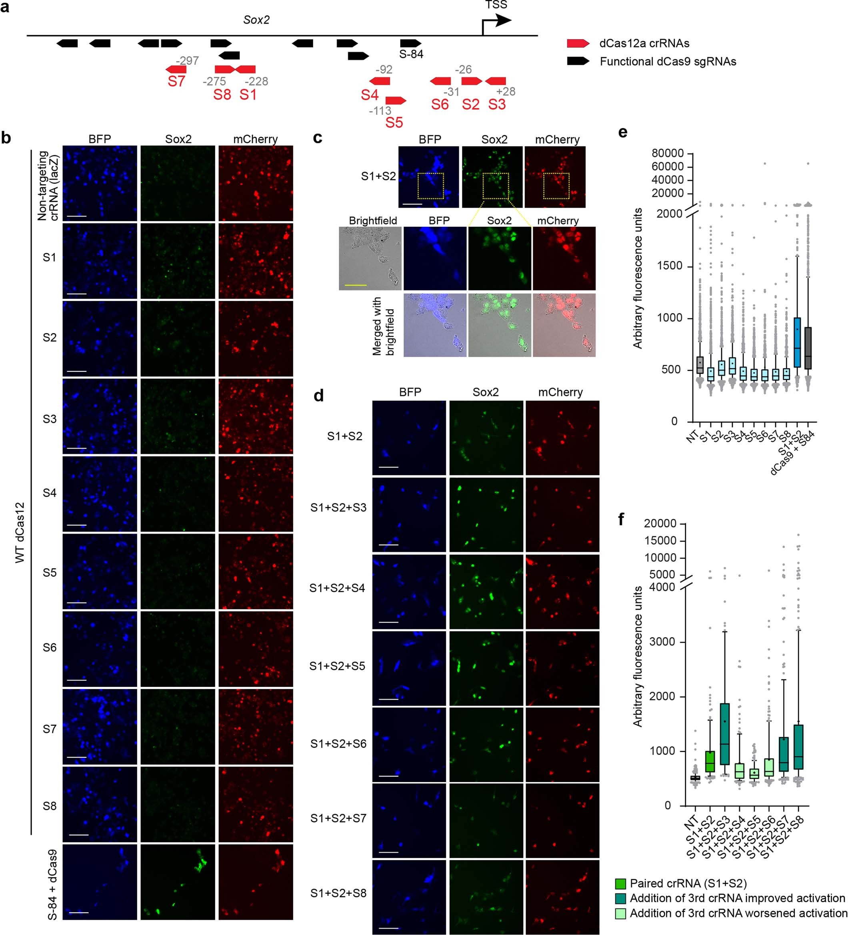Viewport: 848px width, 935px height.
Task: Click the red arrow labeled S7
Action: [x=176, y=69]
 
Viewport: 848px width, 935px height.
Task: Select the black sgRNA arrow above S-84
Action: [x=410, y=43]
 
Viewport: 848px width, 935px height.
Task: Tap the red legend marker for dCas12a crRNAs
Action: [x=578, y=43]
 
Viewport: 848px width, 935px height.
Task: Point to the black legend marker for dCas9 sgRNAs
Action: [x=578, y=61]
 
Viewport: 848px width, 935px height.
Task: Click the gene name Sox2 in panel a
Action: [x=256, y=20]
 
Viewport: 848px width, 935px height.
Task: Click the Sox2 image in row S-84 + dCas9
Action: [x=178, y=882]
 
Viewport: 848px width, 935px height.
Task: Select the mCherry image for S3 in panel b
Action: [x=256, y=416]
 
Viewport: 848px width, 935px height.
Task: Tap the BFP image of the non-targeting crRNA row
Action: [x=100, y=183]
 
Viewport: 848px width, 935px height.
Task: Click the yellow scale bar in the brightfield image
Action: [x=355, y=285]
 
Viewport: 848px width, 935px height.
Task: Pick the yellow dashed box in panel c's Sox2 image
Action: [x=495, y=186]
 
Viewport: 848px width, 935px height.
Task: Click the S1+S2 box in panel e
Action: [x=797, y=342]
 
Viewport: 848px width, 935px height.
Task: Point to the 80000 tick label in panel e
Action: [x=667, y=153]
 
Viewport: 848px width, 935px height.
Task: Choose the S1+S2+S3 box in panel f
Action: [x=725, y=734]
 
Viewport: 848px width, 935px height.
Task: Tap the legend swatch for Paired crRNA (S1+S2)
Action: [x=620, y=883]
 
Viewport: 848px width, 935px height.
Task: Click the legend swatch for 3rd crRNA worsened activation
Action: [x=620, y=913]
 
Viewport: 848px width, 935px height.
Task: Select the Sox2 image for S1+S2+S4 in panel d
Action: [x=486, y=591]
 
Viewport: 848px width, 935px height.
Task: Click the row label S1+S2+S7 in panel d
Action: [x=338, y=818]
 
